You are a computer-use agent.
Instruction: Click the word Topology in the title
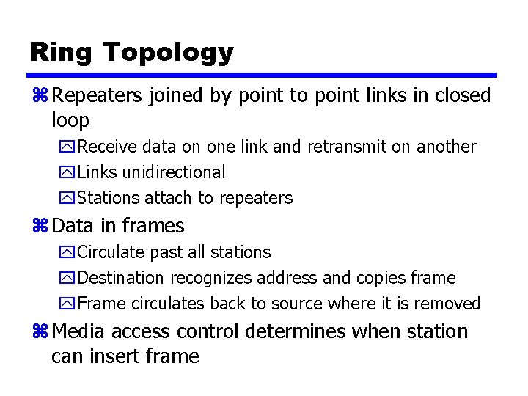click(x=168, y=54)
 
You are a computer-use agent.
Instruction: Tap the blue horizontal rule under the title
click(x=263, y=75)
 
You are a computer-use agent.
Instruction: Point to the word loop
click(x=70, y=120)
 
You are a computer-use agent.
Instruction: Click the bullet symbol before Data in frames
click(x=40, y=226)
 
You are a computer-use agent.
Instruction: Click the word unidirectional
click(x=174, y=172)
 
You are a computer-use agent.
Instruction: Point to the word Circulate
click(x=111, y=252)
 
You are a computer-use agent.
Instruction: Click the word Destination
click(x=121, y=278)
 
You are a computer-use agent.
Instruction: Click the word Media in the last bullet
click(x=78, y=331)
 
